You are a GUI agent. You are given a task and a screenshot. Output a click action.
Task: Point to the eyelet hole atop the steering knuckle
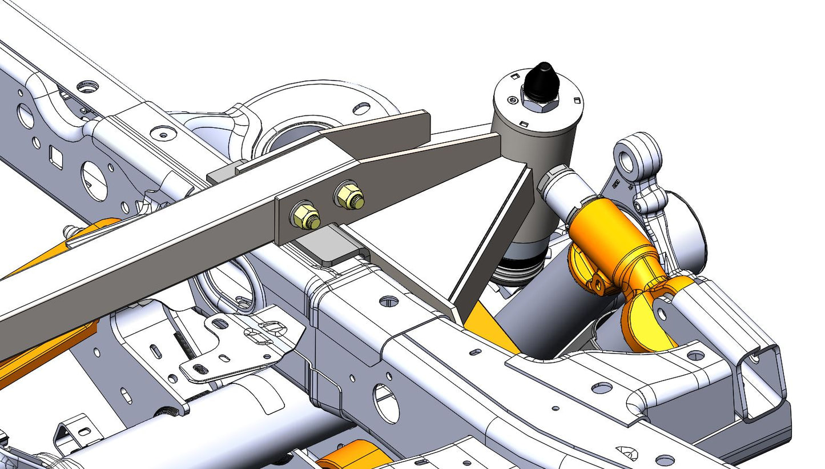(x=627, y=162)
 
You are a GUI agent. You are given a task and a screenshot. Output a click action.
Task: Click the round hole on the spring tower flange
(x=361, y=107)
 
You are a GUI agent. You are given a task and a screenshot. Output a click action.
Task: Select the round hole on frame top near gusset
(x=388, y=300)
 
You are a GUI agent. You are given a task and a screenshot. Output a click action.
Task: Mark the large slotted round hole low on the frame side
(x=386, y=403)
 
